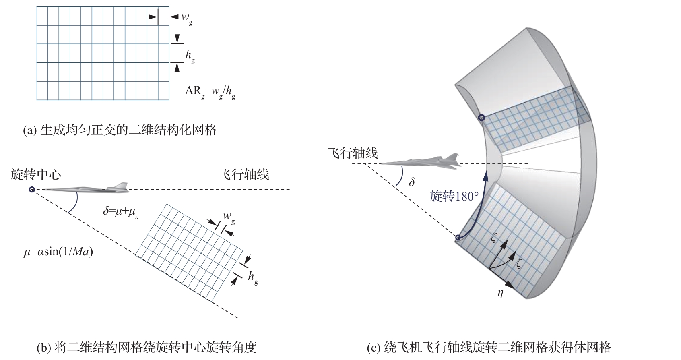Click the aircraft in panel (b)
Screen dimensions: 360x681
pos(87,188)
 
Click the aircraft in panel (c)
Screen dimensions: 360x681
pos(421,161)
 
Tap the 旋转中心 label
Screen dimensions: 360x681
pos(36,174)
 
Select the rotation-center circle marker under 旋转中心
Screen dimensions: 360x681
pos(32,190)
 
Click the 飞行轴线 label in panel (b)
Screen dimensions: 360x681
pos(244,174)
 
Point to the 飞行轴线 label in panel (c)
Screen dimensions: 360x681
pos(353,153)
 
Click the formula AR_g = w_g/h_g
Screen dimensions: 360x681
pos(210,91)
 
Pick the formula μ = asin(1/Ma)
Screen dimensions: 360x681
pos(58,253)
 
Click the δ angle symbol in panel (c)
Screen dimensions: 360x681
pos(411,182)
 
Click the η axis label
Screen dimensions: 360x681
pos(500,293)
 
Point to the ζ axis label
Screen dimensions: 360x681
pos(520,264)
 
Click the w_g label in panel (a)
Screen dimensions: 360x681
pos(186,17)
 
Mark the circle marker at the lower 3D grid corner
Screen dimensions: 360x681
pos(458,238)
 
